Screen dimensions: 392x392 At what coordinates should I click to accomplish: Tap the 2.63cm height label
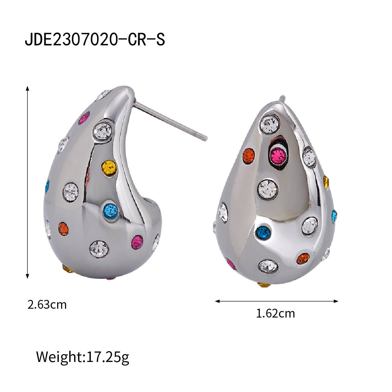[x=47, y=305]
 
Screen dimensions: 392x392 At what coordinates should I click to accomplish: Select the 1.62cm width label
[x=275, y=314]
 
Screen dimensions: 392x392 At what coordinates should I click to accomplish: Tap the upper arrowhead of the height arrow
[x=28, y=89]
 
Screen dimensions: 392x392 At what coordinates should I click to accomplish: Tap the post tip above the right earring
[x=282, y=98]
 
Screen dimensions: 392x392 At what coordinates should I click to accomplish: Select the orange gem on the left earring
[x=63, y=229]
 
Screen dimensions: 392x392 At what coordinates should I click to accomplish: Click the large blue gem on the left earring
[x=111, y=211]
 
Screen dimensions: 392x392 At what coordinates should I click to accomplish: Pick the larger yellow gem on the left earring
[x=109, y=168]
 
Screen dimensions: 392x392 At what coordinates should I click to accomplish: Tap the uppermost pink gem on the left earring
[x=85, y=118]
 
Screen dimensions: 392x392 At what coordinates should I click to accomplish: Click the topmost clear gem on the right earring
[x=271, y=124]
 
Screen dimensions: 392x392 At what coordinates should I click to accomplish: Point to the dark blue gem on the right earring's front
[x=263, y=233]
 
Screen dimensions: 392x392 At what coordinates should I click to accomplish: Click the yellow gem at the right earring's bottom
[x=264, y=285]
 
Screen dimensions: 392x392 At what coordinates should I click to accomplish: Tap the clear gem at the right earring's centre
[x=268, y=189]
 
